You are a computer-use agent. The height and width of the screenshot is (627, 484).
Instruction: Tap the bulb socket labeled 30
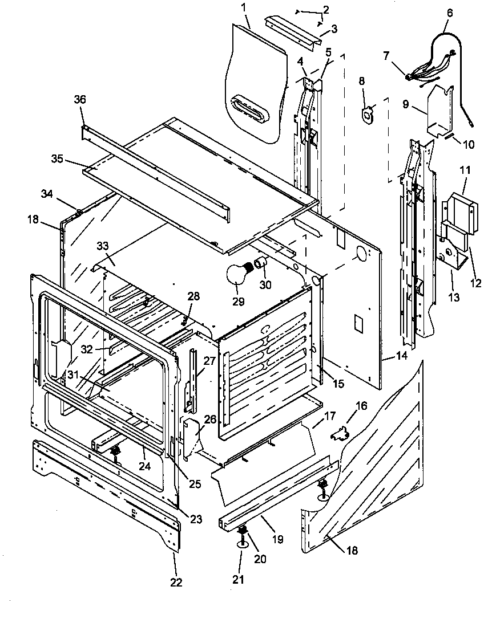[x=261, y=263]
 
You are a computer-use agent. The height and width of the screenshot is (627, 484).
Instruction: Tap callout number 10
[x=467, y=145]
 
